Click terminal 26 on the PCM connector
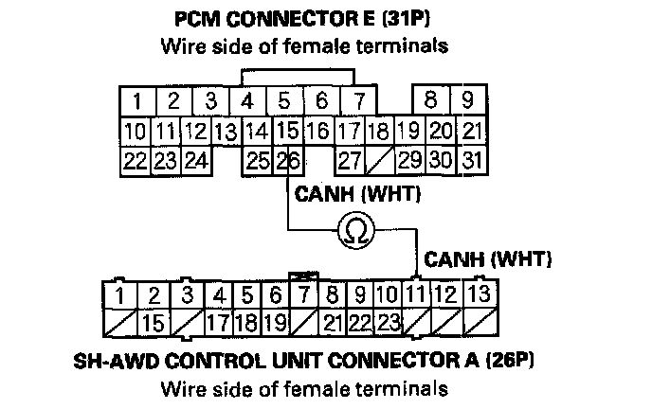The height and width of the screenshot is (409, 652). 289,160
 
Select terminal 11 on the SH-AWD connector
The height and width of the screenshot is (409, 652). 416,294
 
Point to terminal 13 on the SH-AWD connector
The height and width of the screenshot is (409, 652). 480,294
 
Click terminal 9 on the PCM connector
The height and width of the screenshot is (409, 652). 466,100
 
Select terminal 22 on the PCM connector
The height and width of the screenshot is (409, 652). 136,160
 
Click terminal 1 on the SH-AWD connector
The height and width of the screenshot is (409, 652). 121,294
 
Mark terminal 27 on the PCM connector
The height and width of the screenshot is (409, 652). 350,160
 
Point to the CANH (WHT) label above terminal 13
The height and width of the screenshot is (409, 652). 488,258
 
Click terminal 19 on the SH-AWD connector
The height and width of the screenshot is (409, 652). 276,322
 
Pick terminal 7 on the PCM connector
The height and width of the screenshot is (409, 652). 358,100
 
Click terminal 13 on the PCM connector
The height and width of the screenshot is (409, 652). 226,132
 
